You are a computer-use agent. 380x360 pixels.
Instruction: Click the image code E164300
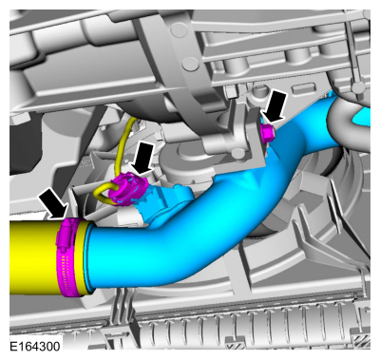click(35, 346)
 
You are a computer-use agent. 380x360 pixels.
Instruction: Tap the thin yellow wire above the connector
click(126, 142)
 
